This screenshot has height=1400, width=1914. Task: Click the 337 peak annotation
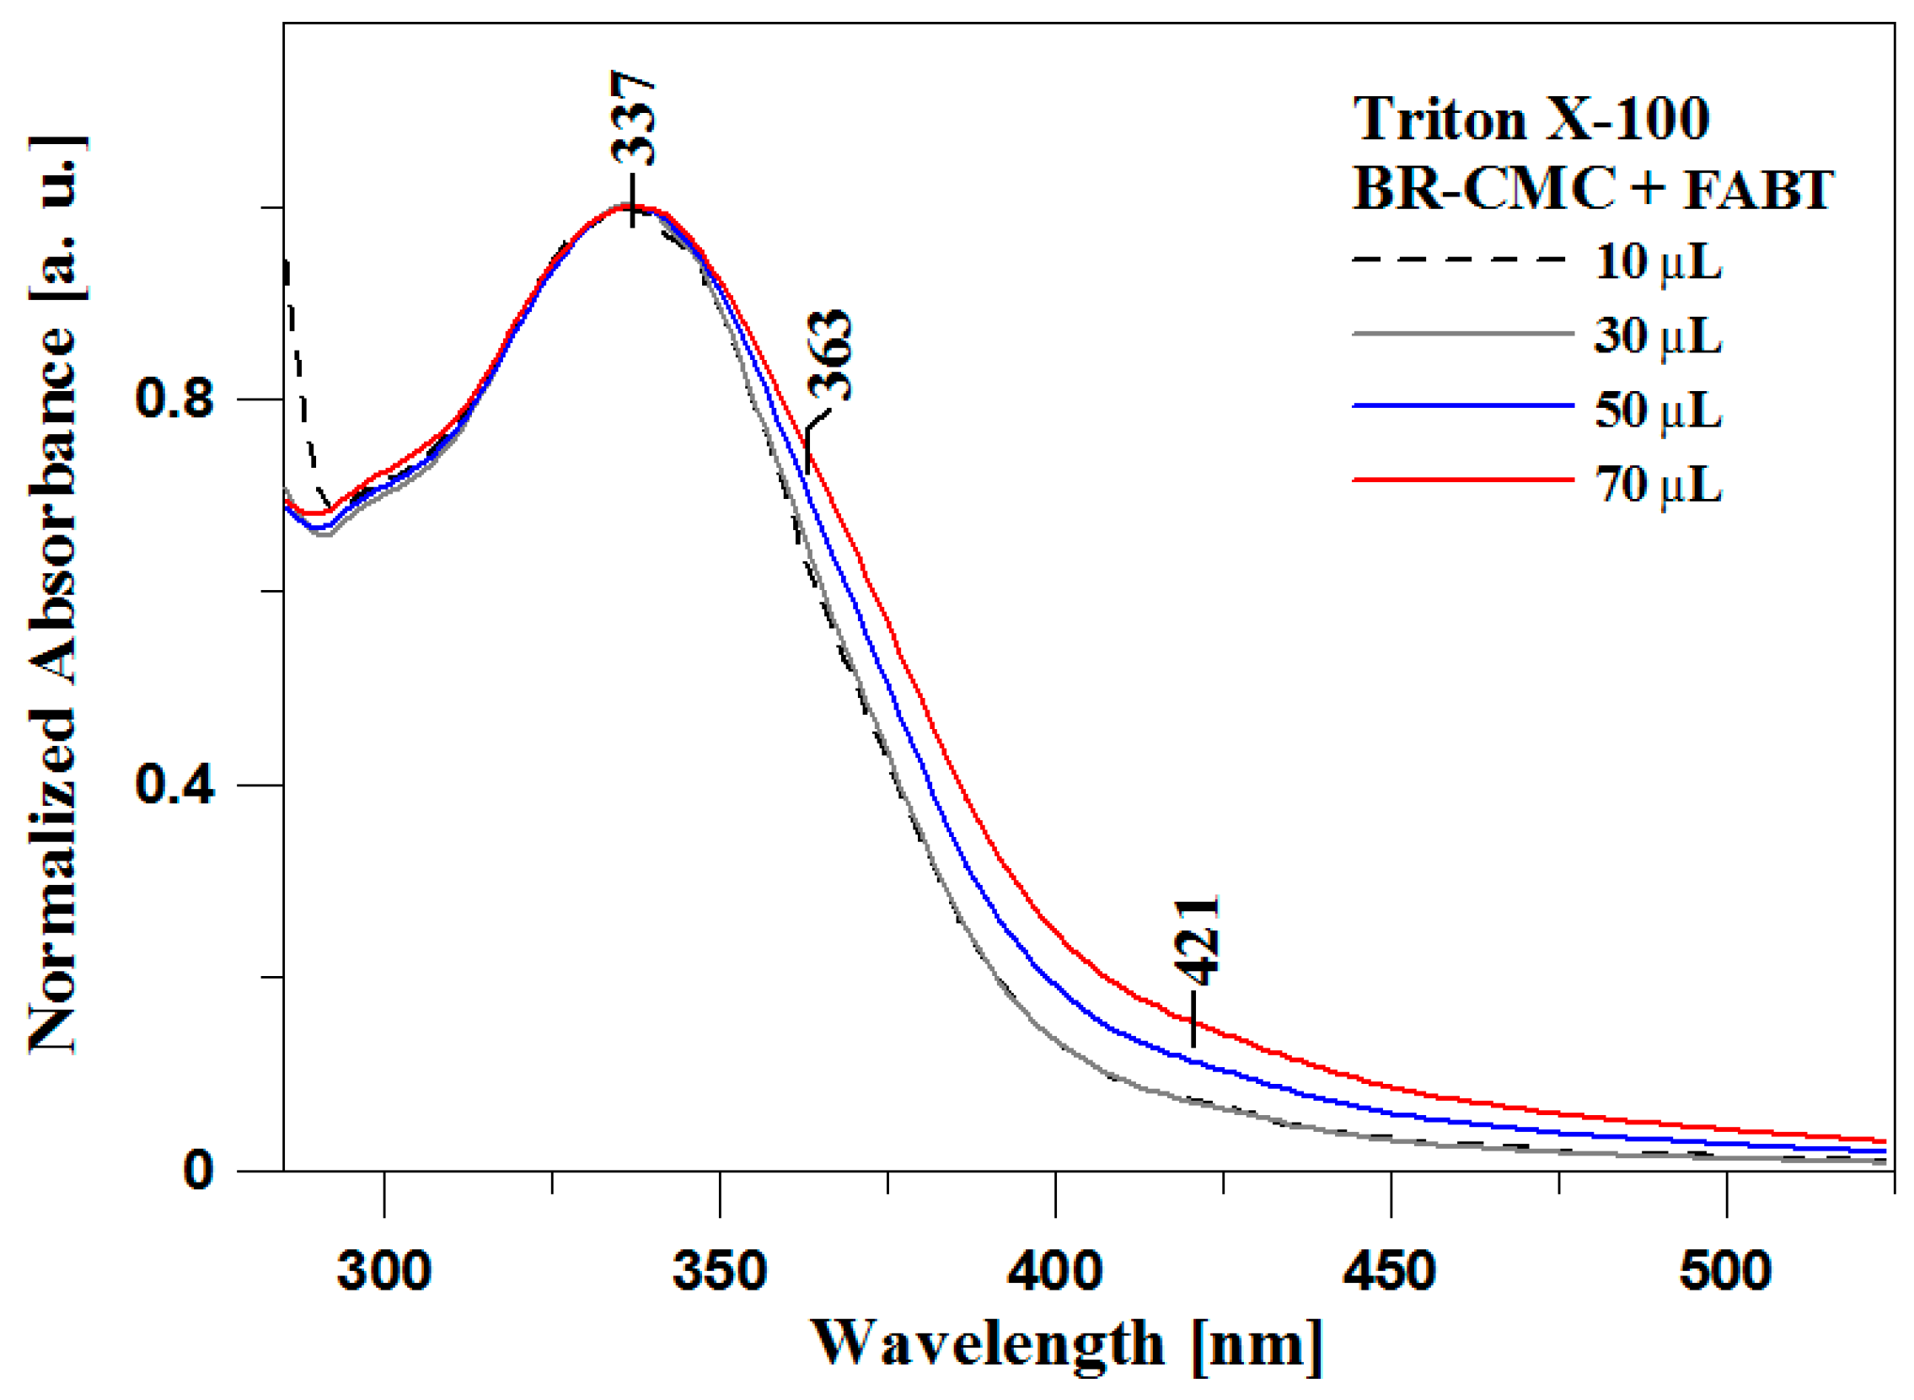pyautogui.click(x=633, y=119)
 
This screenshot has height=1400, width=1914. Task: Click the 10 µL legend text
pyautogui.click(x=1658, y=262)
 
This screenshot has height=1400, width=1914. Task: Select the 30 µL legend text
pyautogui.click(x=1658, y=336)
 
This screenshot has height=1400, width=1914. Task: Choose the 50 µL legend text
pyautogui.click(x=1658, y=410)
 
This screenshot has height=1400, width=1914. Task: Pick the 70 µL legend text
pyautogui.click(x=1658, y=485)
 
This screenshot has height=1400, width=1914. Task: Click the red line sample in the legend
pyautogui.click(x=1462, y=480)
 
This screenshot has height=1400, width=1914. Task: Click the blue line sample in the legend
pyautogui.click(x=1462, y=406)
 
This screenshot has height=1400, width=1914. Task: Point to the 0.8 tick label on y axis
pyautogui.click(x=174, y=399)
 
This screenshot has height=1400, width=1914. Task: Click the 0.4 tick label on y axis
pyautogui.click(x=174, y=785)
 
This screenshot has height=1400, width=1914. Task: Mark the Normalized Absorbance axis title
pyautogui.click(x=55, y=593)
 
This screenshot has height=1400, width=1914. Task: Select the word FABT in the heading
pyautogui.click(x=1758, y=189)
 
